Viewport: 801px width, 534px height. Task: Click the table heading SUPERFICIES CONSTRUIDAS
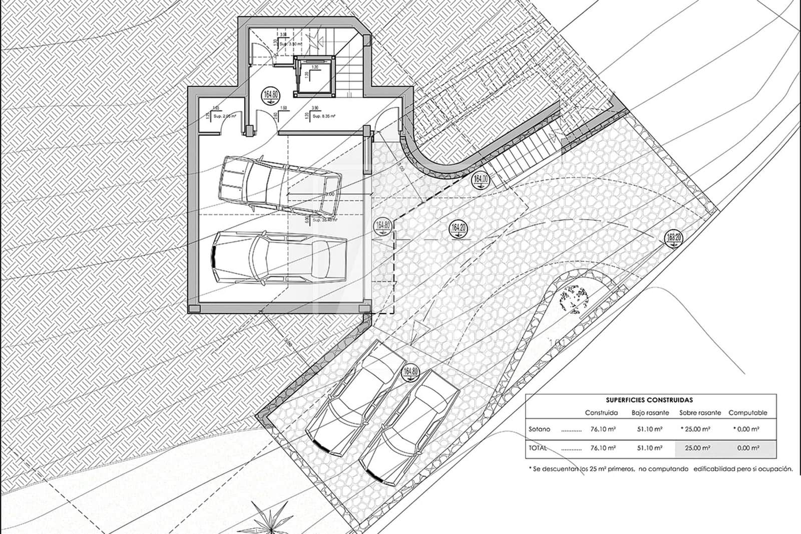coord(649,400)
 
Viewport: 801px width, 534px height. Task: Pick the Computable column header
coord(747,413)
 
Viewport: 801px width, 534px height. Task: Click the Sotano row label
coord(539,429)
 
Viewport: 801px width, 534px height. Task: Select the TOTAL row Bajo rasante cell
coord(650,448)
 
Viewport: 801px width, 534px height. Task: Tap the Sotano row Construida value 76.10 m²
coord(603,429)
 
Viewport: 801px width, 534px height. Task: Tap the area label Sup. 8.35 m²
coord(324,116)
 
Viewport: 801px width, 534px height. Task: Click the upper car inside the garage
coord(280,183)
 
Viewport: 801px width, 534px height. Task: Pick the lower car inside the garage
coord(279,257)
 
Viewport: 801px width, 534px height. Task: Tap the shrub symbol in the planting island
coord(573,299)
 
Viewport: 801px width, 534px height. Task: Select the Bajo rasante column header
coord(650,413)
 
